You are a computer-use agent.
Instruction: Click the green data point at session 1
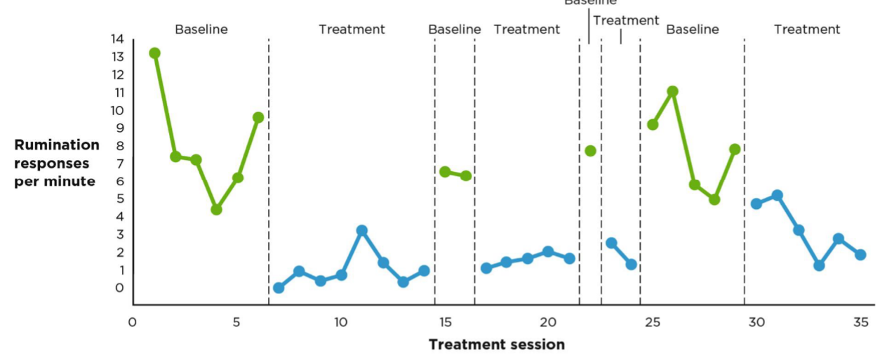coord(154,53)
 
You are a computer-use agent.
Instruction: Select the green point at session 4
coord(216,209)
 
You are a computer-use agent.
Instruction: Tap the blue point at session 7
coord(279,288)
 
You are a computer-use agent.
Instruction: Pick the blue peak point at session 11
coord(362,230)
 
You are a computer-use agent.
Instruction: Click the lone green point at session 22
coord(590,151)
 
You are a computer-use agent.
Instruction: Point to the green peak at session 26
coord(672,91)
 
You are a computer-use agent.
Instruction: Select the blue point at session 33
coord(819,265)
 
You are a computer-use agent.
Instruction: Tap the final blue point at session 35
coord(860,255)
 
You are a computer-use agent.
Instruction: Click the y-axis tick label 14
coord(116,39)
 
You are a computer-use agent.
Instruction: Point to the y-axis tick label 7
coord(120,164)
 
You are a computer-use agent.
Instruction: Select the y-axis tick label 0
coord(120,288)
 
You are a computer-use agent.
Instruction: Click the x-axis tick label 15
coord(445,323)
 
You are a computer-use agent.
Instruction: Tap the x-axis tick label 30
coord(756,323)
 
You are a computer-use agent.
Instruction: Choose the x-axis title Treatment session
coord(496,345)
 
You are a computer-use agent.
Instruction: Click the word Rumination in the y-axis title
coord(57,145)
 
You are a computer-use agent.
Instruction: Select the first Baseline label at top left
coord(201,29)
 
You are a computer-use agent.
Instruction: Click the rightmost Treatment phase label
coord(807,29)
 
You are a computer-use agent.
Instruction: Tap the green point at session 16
coord(465,175)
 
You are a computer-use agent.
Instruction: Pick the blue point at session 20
coord(548,252)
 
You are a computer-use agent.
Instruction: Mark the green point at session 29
coord(735,149)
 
